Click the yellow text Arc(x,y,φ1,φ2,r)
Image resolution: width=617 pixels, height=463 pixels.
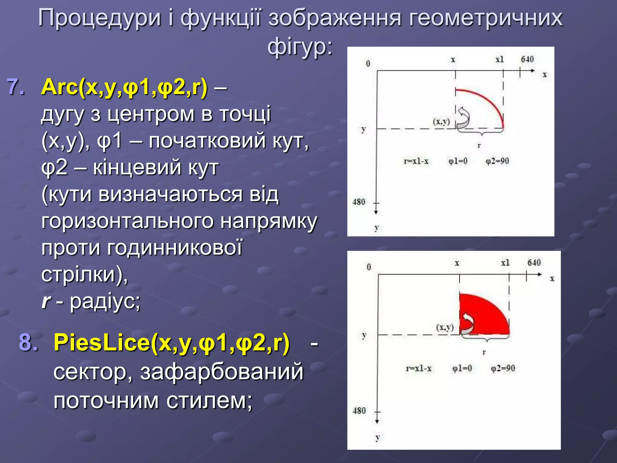[124, 87]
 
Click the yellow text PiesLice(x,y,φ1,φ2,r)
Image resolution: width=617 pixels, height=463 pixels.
[171, 343]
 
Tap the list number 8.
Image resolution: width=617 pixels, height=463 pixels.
[28, 343]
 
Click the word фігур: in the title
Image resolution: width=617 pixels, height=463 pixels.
[300, 48]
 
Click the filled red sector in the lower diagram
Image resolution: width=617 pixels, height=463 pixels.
[485, 317]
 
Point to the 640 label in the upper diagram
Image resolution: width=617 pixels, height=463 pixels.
[527, 59]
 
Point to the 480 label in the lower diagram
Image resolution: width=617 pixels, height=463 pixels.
[359, 411]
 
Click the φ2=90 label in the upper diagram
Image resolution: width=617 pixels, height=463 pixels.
[497, 161]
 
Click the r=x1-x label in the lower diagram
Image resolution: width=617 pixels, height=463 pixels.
[418, 368]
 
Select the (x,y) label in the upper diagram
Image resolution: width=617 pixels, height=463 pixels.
[441, 122]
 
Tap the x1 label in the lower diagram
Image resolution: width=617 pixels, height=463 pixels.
[505, 263]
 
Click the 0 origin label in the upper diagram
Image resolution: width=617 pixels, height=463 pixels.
[368, 64]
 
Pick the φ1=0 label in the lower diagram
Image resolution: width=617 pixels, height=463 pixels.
[462, 368]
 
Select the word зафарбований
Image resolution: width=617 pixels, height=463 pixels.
[222, 372]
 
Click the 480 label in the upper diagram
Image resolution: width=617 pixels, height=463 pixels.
[359, 202]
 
